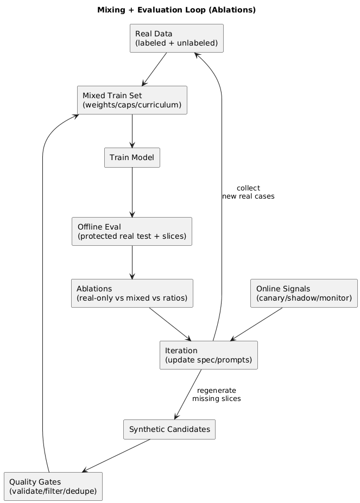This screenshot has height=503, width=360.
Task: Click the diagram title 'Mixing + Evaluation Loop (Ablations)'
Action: pos(176,10)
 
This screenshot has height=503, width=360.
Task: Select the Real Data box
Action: pos(176,39)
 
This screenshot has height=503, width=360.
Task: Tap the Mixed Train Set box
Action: pos(132,100)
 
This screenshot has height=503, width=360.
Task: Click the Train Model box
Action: pos(132,157)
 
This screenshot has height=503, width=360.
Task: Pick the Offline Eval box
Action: pos(132,231)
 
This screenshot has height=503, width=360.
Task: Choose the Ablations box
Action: pos(132,293)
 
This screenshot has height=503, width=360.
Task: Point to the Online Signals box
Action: pos(304,293)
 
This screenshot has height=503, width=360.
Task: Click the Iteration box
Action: pos(209,355)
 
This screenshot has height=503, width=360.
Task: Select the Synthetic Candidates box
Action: pos(169,429)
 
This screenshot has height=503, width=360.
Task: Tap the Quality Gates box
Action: pos(53,486)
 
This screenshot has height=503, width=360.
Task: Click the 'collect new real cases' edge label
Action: pos(248,192)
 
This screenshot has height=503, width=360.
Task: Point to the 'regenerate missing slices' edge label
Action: pos(217,394)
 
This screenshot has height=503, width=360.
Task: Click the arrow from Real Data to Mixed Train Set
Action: pos(154,69)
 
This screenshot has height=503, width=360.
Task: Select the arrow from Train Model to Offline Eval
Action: pos(132,192)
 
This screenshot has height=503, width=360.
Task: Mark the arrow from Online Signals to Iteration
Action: pos(256,324)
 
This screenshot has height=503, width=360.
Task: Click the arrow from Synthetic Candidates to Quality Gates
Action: pos(116,456)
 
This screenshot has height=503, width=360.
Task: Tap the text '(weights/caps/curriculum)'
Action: pos(132,105)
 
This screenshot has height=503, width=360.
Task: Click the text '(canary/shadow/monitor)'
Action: pos(304,298)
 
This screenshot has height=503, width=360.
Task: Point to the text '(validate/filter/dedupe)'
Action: pos(53,491)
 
